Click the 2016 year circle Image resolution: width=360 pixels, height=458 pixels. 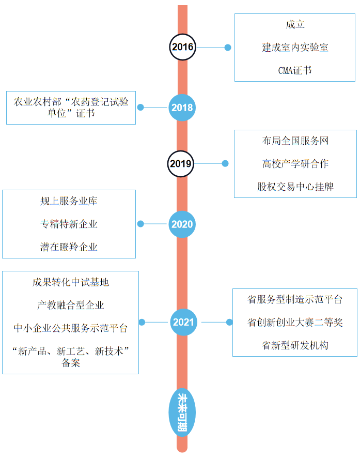click(x=182, y=48)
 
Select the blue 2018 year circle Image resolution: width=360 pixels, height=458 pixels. click(x=182, y=108)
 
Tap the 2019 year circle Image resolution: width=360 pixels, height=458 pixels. click(x=181, y=164)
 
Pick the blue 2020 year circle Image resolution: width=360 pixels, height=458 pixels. click(x=182, y=224)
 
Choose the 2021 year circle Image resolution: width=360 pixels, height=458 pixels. click(x=183, y=323)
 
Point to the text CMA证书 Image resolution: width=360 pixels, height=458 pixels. click(x=294, y=71)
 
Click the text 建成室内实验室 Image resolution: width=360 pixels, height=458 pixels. click(x=295, y=48)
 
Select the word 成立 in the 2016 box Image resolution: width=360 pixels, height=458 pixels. click(x=295, y=25)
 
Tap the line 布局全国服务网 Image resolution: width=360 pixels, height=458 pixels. click(x=295, y=141)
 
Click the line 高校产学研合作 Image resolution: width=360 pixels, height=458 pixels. click(x=295, y=164)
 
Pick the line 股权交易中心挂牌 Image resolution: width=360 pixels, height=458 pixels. click(x=295, y=187)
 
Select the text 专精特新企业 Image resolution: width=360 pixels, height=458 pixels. click(x=69, y=224)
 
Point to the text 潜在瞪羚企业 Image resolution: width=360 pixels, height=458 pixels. click(x=69, y=247)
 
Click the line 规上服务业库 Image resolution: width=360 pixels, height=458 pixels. click(x=69, y=201)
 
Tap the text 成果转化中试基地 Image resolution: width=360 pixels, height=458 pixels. click(x=71, y=283)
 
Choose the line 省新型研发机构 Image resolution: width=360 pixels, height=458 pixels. click(x=295, y=345)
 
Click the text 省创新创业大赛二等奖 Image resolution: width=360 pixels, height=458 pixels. click(x=295, y=323)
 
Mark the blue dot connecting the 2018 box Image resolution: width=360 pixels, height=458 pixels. click(x=140, y=108)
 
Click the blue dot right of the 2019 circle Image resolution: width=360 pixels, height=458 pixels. click(x=225, y=163)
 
